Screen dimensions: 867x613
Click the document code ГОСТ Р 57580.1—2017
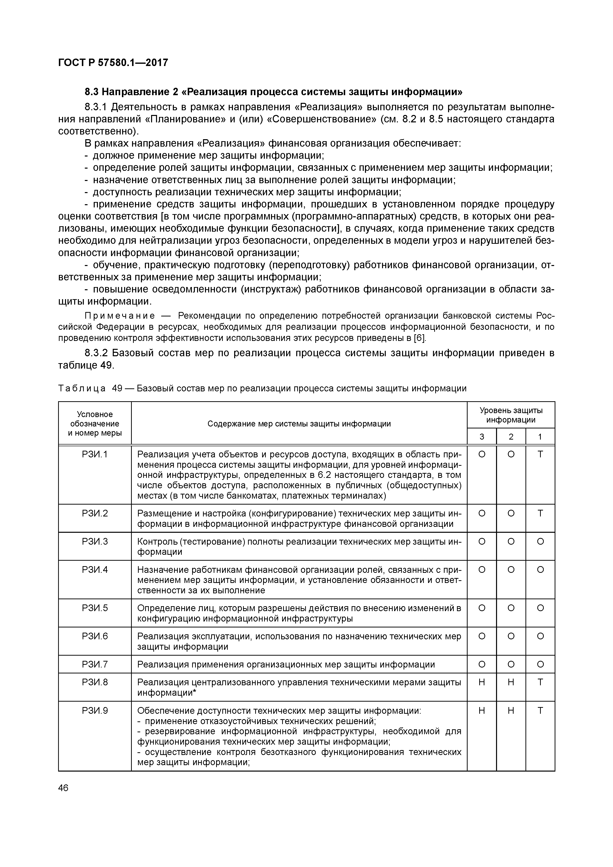point(113,63)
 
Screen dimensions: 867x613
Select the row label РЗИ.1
point(95,454)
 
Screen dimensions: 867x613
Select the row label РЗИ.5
point(95,608)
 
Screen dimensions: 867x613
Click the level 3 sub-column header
point(481,437)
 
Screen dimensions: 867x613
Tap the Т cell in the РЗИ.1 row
point(540,454)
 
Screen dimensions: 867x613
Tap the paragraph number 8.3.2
point(96,353)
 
